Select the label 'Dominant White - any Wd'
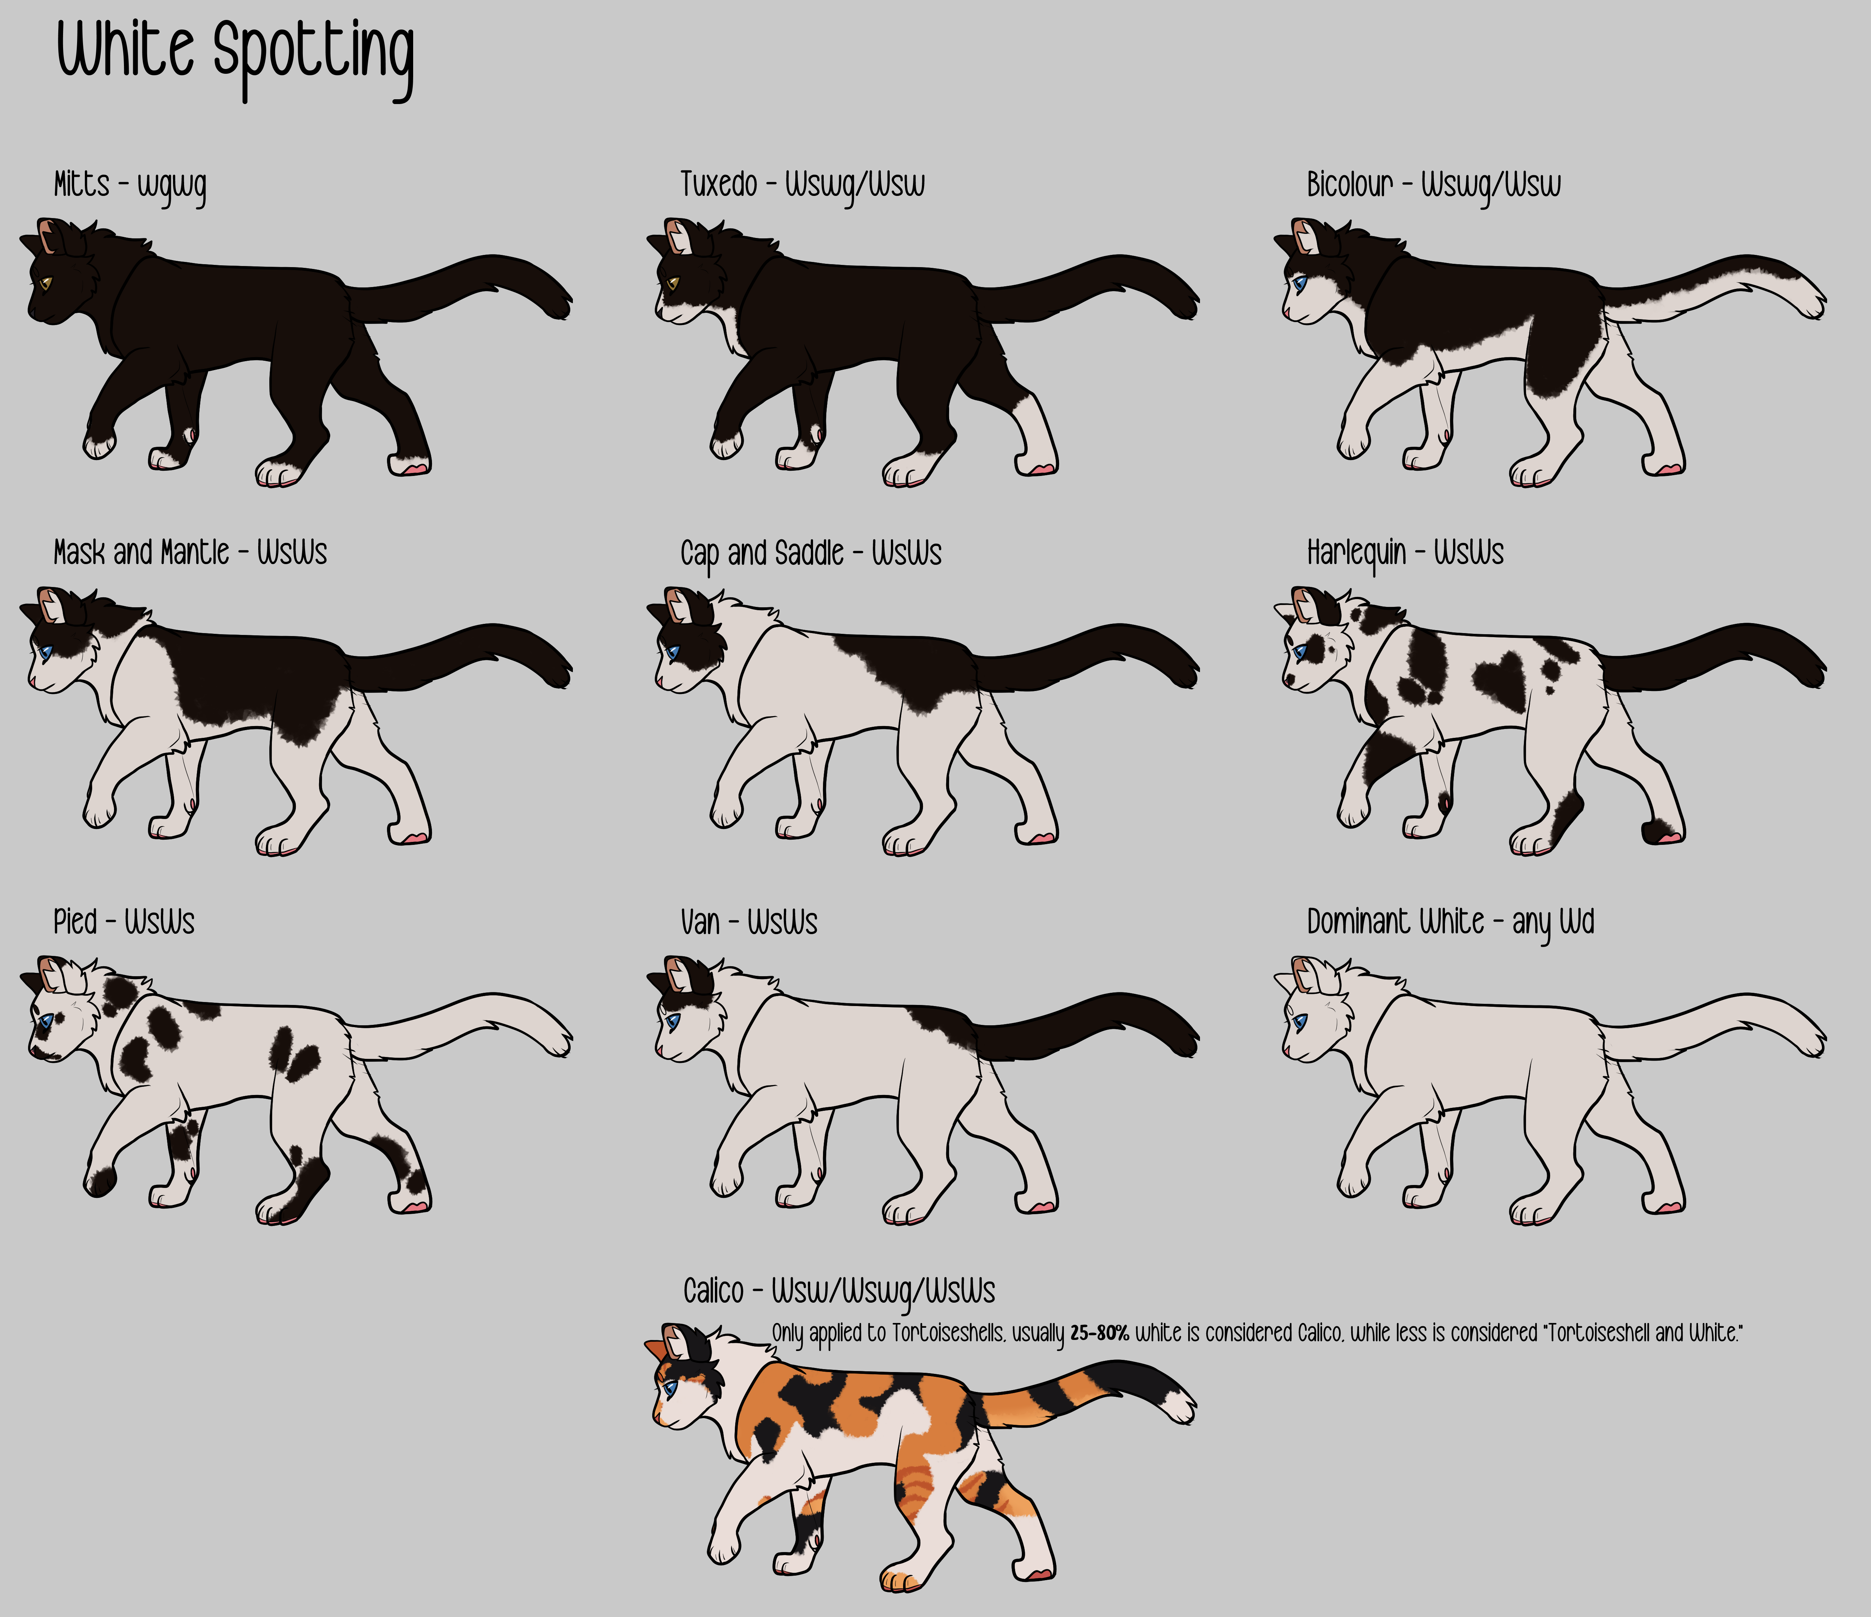click(1450, 922)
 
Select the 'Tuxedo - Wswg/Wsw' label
click(802, 185)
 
